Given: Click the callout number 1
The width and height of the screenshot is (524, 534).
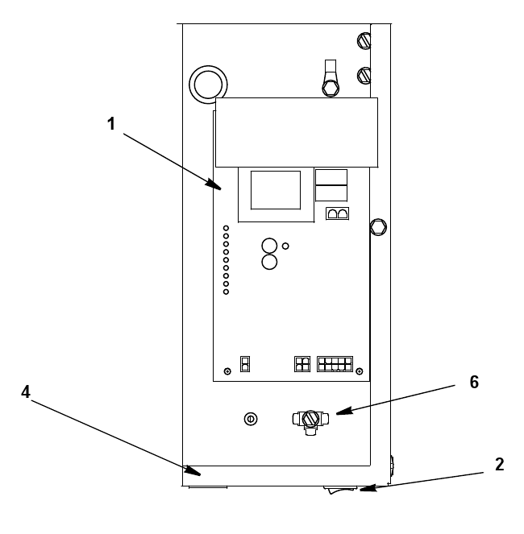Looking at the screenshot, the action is coord(111,123).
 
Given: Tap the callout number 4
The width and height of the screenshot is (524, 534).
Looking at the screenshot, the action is coord(26,392).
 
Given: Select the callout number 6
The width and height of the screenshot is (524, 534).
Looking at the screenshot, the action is coord(474,382).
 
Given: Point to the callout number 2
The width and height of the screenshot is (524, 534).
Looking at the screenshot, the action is coord(500,465).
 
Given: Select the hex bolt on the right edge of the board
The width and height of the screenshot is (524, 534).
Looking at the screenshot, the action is coord(378,227).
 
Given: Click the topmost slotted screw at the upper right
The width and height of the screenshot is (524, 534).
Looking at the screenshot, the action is coord(364,41).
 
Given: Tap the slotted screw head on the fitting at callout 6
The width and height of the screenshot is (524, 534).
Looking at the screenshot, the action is coord(310,419).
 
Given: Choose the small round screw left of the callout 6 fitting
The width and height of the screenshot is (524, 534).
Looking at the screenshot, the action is coord(251,419).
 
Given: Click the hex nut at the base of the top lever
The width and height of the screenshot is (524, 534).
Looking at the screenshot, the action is coord(331,88).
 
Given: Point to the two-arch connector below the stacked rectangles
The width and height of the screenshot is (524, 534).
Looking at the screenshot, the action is coord(337,213).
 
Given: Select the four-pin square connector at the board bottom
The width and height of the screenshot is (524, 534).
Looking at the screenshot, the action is coord(302,364).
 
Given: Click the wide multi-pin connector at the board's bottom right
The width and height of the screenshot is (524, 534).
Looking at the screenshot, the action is coord(335,364).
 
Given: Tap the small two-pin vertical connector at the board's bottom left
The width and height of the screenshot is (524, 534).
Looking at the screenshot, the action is coord(245,364).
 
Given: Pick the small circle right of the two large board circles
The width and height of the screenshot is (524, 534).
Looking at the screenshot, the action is coord(285,246).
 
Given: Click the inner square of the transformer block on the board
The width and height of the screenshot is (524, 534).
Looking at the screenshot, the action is coord(276,190).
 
